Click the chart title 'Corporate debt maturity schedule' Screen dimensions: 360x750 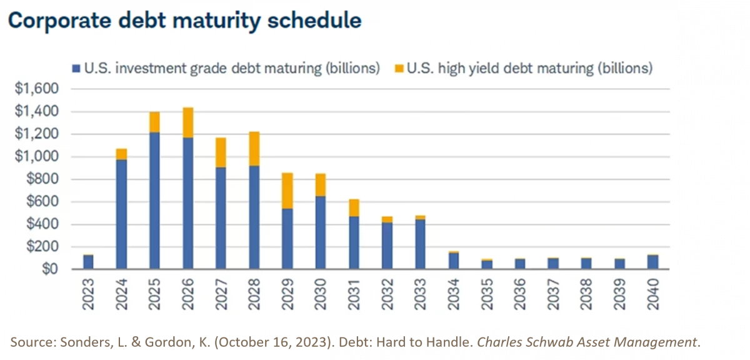[x=184, y=21]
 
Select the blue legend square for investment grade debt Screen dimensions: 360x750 [x=76, y=68]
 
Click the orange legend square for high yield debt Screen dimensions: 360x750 [x=398, y=68]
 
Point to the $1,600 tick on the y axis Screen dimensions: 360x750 [x=36, y=89]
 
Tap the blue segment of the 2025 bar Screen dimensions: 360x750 [x=155, y=200]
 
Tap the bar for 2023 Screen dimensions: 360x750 [x=89, y=261]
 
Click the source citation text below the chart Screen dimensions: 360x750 [x=353, y=342]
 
